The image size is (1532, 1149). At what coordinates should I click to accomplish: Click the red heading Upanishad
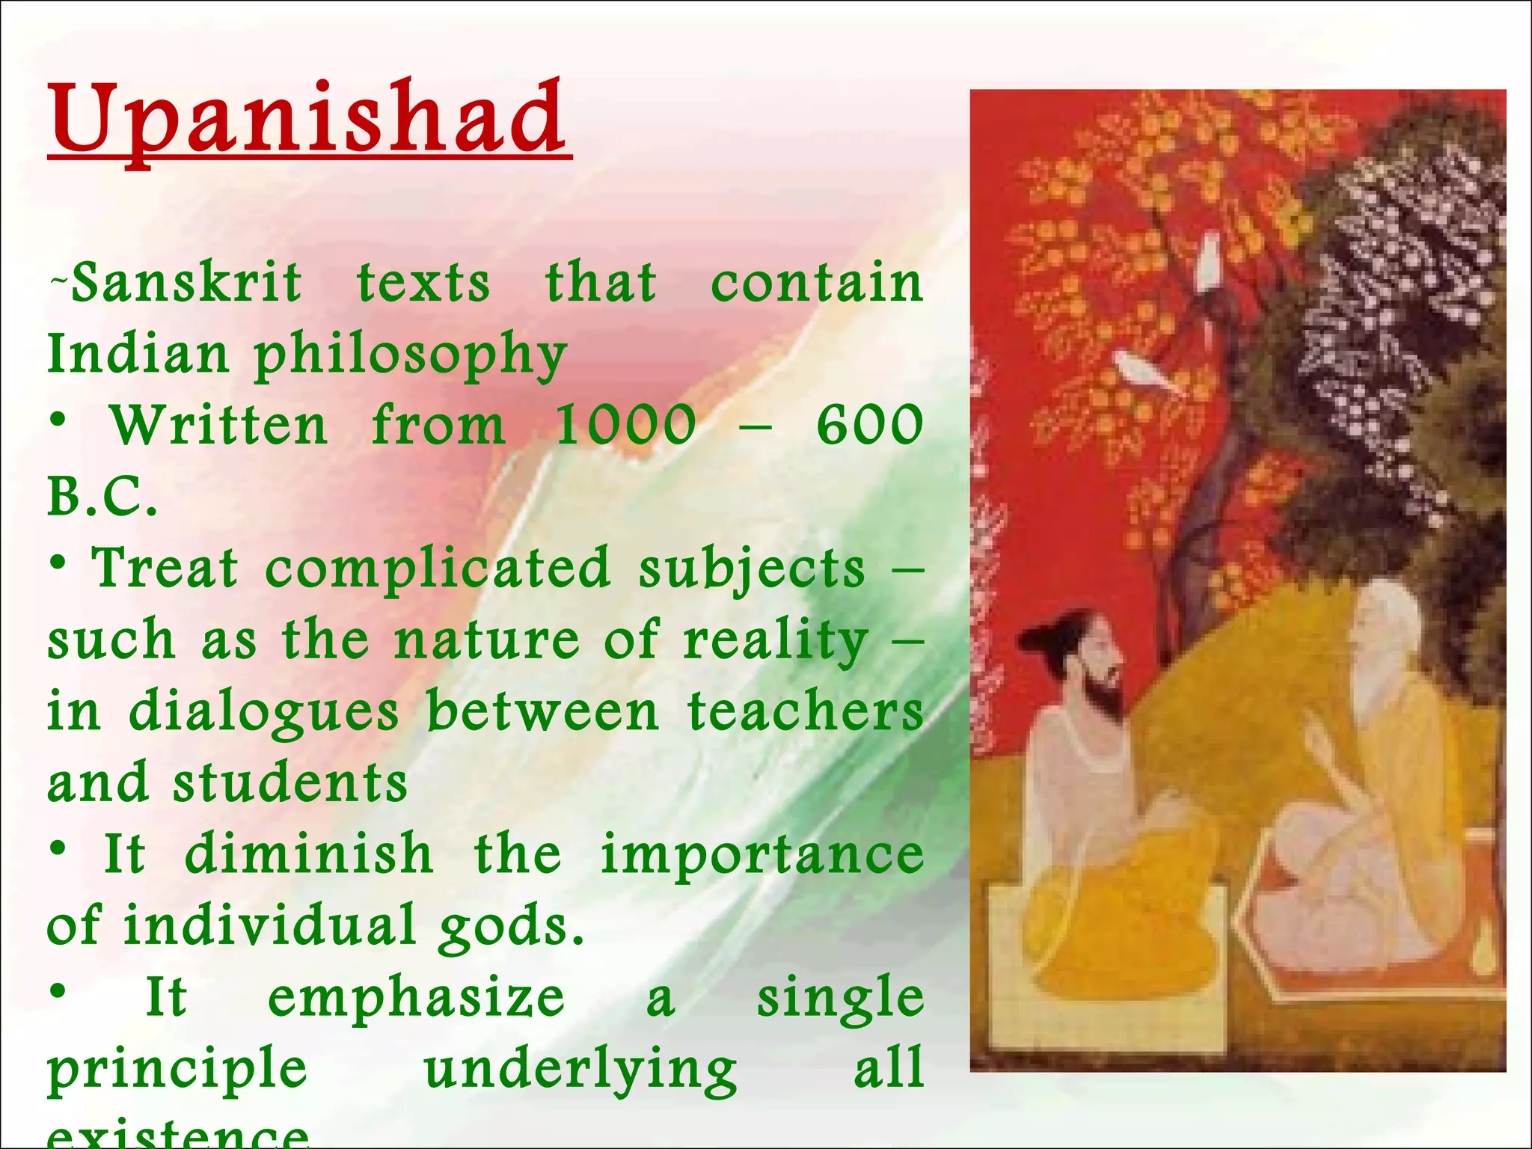click(x=309, y=120)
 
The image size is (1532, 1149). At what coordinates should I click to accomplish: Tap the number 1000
click(x=625, y=425)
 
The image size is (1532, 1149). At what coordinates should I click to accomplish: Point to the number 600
click(x=869, y=425)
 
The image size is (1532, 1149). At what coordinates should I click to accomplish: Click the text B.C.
click(x=102, y=497)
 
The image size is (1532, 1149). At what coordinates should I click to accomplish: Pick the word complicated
click(x=438, y=568)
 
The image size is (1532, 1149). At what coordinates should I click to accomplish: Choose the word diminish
click(x=308, y=854)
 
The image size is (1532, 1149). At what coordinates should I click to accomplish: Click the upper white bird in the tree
click(x=1207, y=258)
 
